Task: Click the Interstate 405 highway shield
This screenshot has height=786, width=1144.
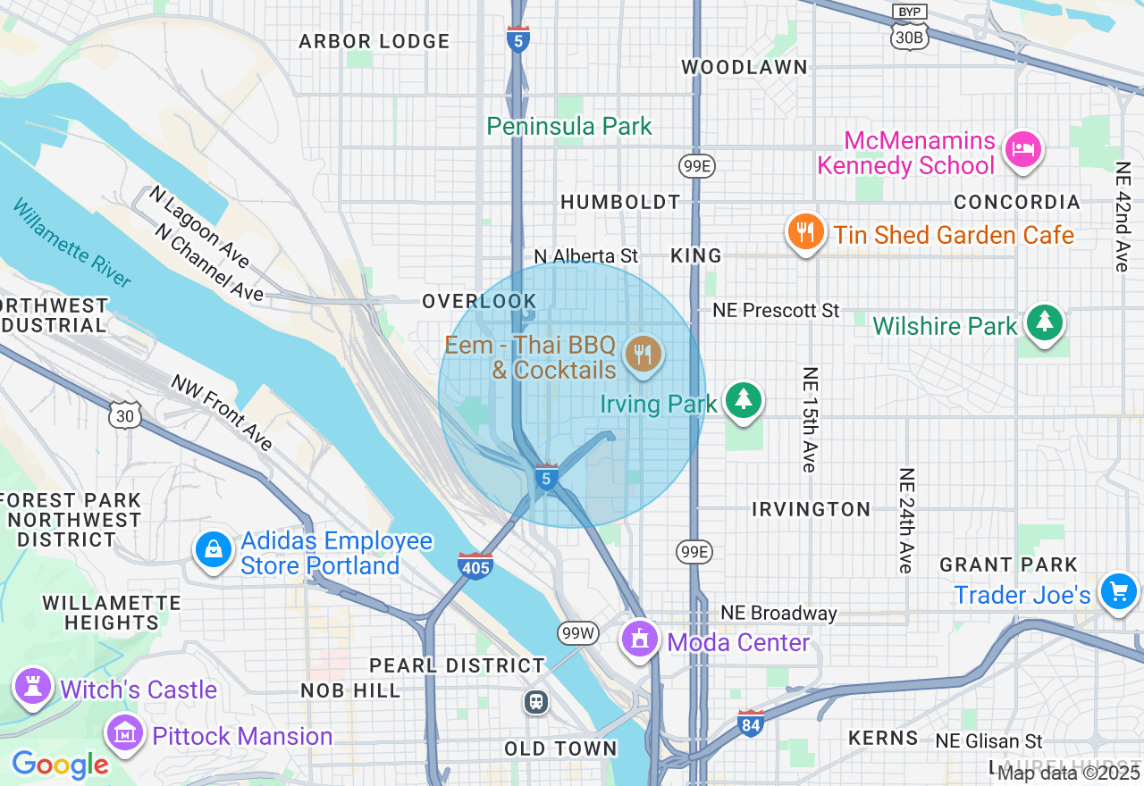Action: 475,565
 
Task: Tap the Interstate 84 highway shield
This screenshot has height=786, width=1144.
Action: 751,723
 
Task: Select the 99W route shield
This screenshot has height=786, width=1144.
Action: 577,633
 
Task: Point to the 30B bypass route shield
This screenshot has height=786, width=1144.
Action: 909,36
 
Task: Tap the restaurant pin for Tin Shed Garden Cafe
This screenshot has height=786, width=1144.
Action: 805,233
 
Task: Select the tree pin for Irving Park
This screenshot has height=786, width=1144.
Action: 743,400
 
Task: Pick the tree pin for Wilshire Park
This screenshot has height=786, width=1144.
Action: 1044,322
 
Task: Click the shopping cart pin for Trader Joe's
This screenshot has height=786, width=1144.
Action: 1118,591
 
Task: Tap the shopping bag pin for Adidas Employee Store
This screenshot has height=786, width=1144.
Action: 214,549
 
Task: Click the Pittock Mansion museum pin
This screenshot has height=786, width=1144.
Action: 125,733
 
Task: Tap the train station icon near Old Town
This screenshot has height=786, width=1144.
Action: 536,702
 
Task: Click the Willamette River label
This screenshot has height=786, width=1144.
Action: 72,243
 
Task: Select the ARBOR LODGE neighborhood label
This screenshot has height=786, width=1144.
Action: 374,42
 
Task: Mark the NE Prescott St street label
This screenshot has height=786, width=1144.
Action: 776,311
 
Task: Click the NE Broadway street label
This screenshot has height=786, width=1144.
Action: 778,613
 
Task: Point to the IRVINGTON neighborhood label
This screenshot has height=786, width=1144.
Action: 811,509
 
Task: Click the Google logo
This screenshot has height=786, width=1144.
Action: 60,765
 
